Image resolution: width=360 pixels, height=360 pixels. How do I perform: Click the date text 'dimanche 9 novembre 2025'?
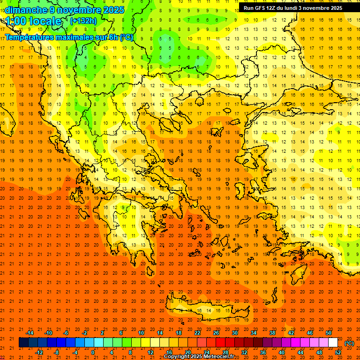[65, 10]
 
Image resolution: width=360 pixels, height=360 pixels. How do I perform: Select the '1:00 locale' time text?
[33, 21]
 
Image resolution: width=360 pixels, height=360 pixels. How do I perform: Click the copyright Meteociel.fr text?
[199, 357]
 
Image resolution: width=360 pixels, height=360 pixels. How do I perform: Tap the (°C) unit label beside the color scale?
[349, 343]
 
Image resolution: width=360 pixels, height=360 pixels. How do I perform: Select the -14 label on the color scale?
[30, 333]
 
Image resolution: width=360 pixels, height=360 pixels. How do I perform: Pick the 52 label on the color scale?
[338, 352]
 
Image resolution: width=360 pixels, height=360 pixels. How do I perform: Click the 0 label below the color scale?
[93, 352]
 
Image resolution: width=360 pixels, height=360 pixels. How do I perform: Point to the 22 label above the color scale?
[197, 333]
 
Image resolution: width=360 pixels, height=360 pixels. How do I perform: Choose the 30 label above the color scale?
[235, 333]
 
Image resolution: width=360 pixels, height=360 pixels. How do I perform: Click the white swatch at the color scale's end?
[333, 343]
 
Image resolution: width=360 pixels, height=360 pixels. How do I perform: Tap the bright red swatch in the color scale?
[220, 343]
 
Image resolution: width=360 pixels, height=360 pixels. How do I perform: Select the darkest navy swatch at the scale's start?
[23, 343]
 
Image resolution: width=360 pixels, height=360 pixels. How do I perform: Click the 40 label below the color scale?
[282, 352]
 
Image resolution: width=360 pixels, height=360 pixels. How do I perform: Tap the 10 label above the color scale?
[141, 333]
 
